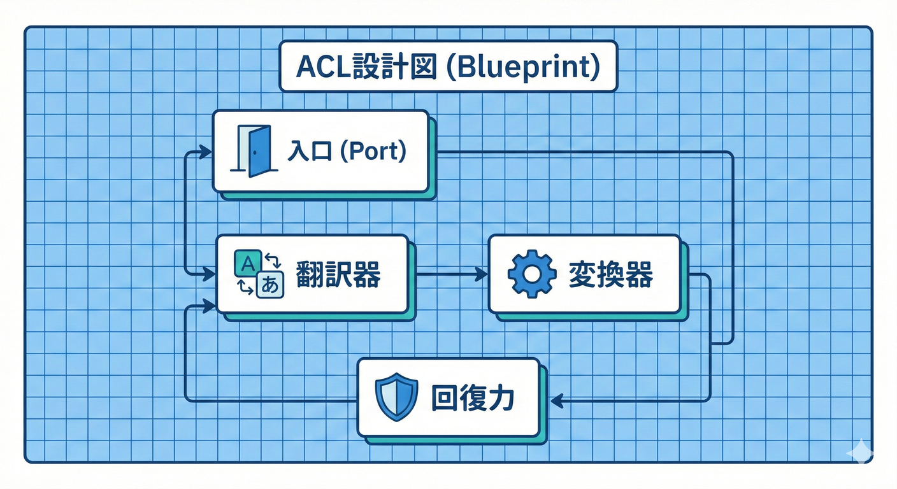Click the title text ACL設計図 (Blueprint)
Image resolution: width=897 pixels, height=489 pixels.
[448, 67]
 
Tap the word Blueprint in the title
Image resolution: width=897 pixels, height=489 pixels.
[521, 67]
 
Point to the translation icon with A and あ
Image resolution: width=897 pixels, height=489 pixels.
[259, 274]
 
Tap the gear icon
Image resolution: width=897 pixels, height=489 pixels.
[532, 274]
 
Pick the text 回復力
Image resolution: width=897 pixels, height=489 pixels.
[472, 397]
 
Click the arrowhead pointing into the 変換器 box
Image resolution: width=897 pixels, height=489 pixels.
[482, 274]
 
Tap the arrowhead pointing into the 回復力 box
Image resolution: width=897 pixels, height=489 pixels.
[557, 400]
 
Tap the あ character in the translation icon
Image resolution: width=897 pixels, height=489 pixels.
[270, 287]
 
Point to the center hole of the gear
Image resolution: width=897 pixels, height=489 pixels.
[532, 274]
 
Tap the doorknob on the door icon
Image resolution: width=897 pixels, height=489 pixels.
[253, 153]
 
